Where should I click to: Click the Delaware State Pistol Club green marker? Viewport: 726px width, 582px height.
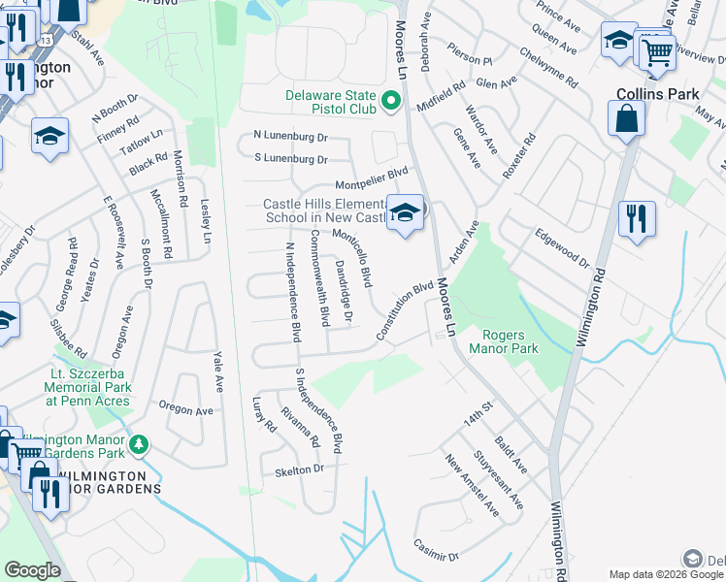pos(391,101)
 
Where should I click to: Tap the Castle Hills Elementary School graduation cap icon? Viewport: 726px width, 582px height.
pos(405,212)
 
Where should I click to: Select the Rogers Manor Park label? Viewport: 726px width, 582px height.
pos(504,341)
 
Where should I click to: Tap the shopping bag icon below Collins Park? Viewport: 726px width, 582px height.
pos(627,119)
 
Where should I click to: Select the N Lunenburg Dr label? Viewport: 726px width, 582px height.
pos(290,136)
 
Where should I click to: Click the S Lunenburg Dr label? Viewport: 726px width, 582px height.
pos(290,158)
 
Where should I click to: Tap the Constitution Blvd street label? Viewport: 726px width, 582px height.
pos(404,311)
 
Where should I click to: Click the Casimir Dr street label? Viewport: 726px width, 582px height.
pos(435,550)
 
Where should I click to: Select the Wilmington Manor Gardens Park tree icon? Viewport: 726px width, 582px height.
pos(140,444)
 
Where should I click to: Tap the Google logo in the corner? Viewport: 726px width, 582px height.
pos(32,570)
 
